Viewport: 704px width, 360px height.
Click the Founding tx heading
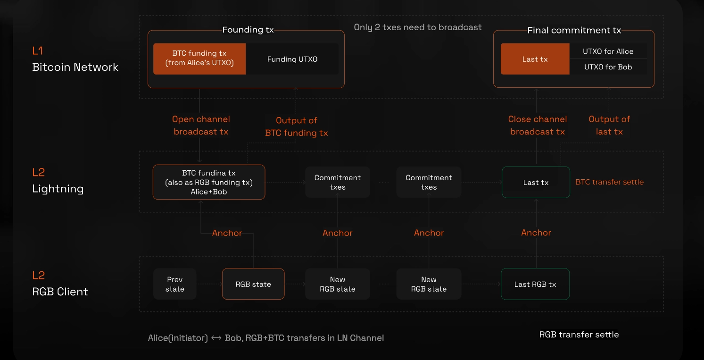point(248,30)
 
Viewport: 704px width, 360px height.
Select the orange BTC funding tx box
point(199,59)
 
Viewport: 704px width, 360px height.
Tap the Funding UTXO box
point(292,59)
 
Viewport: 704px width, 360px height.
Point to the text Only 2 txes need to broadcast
point(418,27)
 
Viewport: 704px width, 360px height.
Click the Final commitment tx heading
point(574,30)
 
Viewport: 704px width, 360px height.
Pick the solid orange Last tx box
point(535,59)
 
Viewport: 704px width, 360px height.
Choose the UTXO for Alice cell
point(608,51)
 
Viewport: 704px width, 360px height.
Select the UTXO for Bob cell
point(608,67)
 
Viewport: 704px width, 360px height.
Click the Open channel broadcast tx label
point(201,126)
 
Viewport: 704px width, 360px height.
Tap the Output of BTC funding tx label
point(297,127)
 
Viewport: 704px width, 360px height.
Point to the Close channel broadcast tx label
point(538,126)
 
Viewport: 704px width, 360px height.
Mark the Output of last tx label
point(609,126)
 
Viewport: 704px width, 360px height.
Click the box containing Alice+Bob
point(209,182)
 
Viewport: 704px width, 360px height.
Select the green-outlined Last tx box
point(536,183)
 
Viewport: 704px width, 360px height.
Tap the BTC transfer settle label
point(609,182)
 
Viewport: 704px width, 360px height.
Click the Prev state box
point(174,284)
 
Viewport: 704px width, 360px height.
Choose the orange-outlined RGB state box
point(253,284)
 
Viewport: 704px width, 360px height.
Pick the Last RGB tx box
point(535,284)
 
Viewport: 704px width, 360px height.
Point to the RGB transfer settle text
point(579,335)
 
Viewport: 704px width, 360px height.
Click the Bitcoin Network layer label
point(75,67)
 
